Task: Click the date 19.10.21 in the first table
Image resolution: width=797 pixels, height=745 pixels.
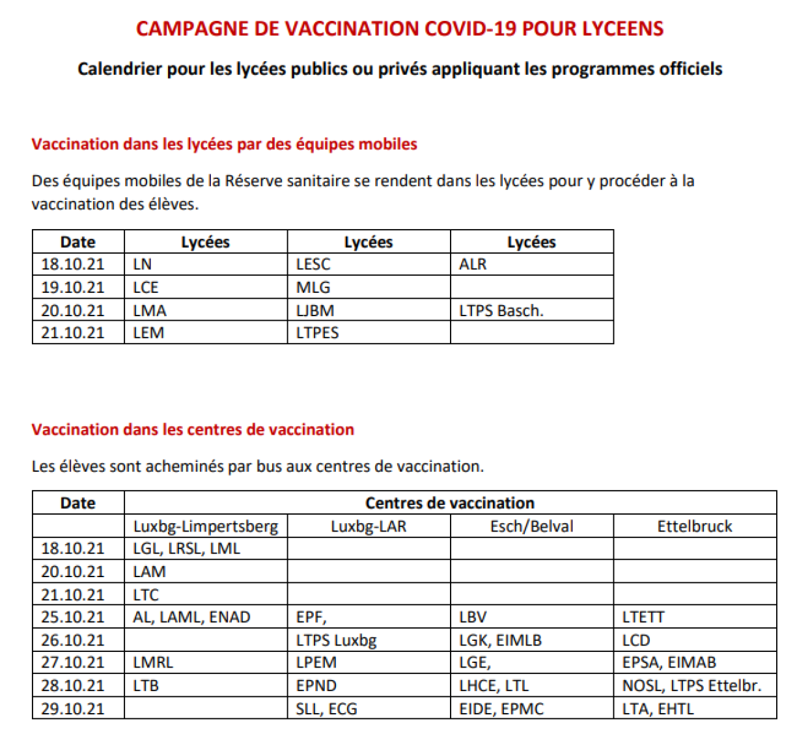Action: [x=72, y=287]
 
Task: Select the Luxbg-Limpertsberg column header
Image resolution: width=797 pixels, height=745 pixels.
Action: [x=205, y=526]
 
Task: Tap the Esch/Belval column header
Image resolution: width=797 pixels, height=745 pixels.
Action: [x=531, y=526]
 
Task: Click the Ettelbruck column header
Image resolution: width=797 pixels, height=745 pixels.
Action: [x=694, y=526]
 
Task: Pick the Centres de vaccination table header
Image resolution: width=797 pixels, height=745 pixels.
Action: [x=449, y=502]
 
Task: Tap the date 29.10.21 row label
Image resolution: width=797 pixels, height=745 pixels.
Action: [x=72, y=709]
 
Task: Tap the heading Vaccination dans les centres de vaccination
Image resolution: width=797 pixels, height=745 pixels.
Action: [x=193, y=429]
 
